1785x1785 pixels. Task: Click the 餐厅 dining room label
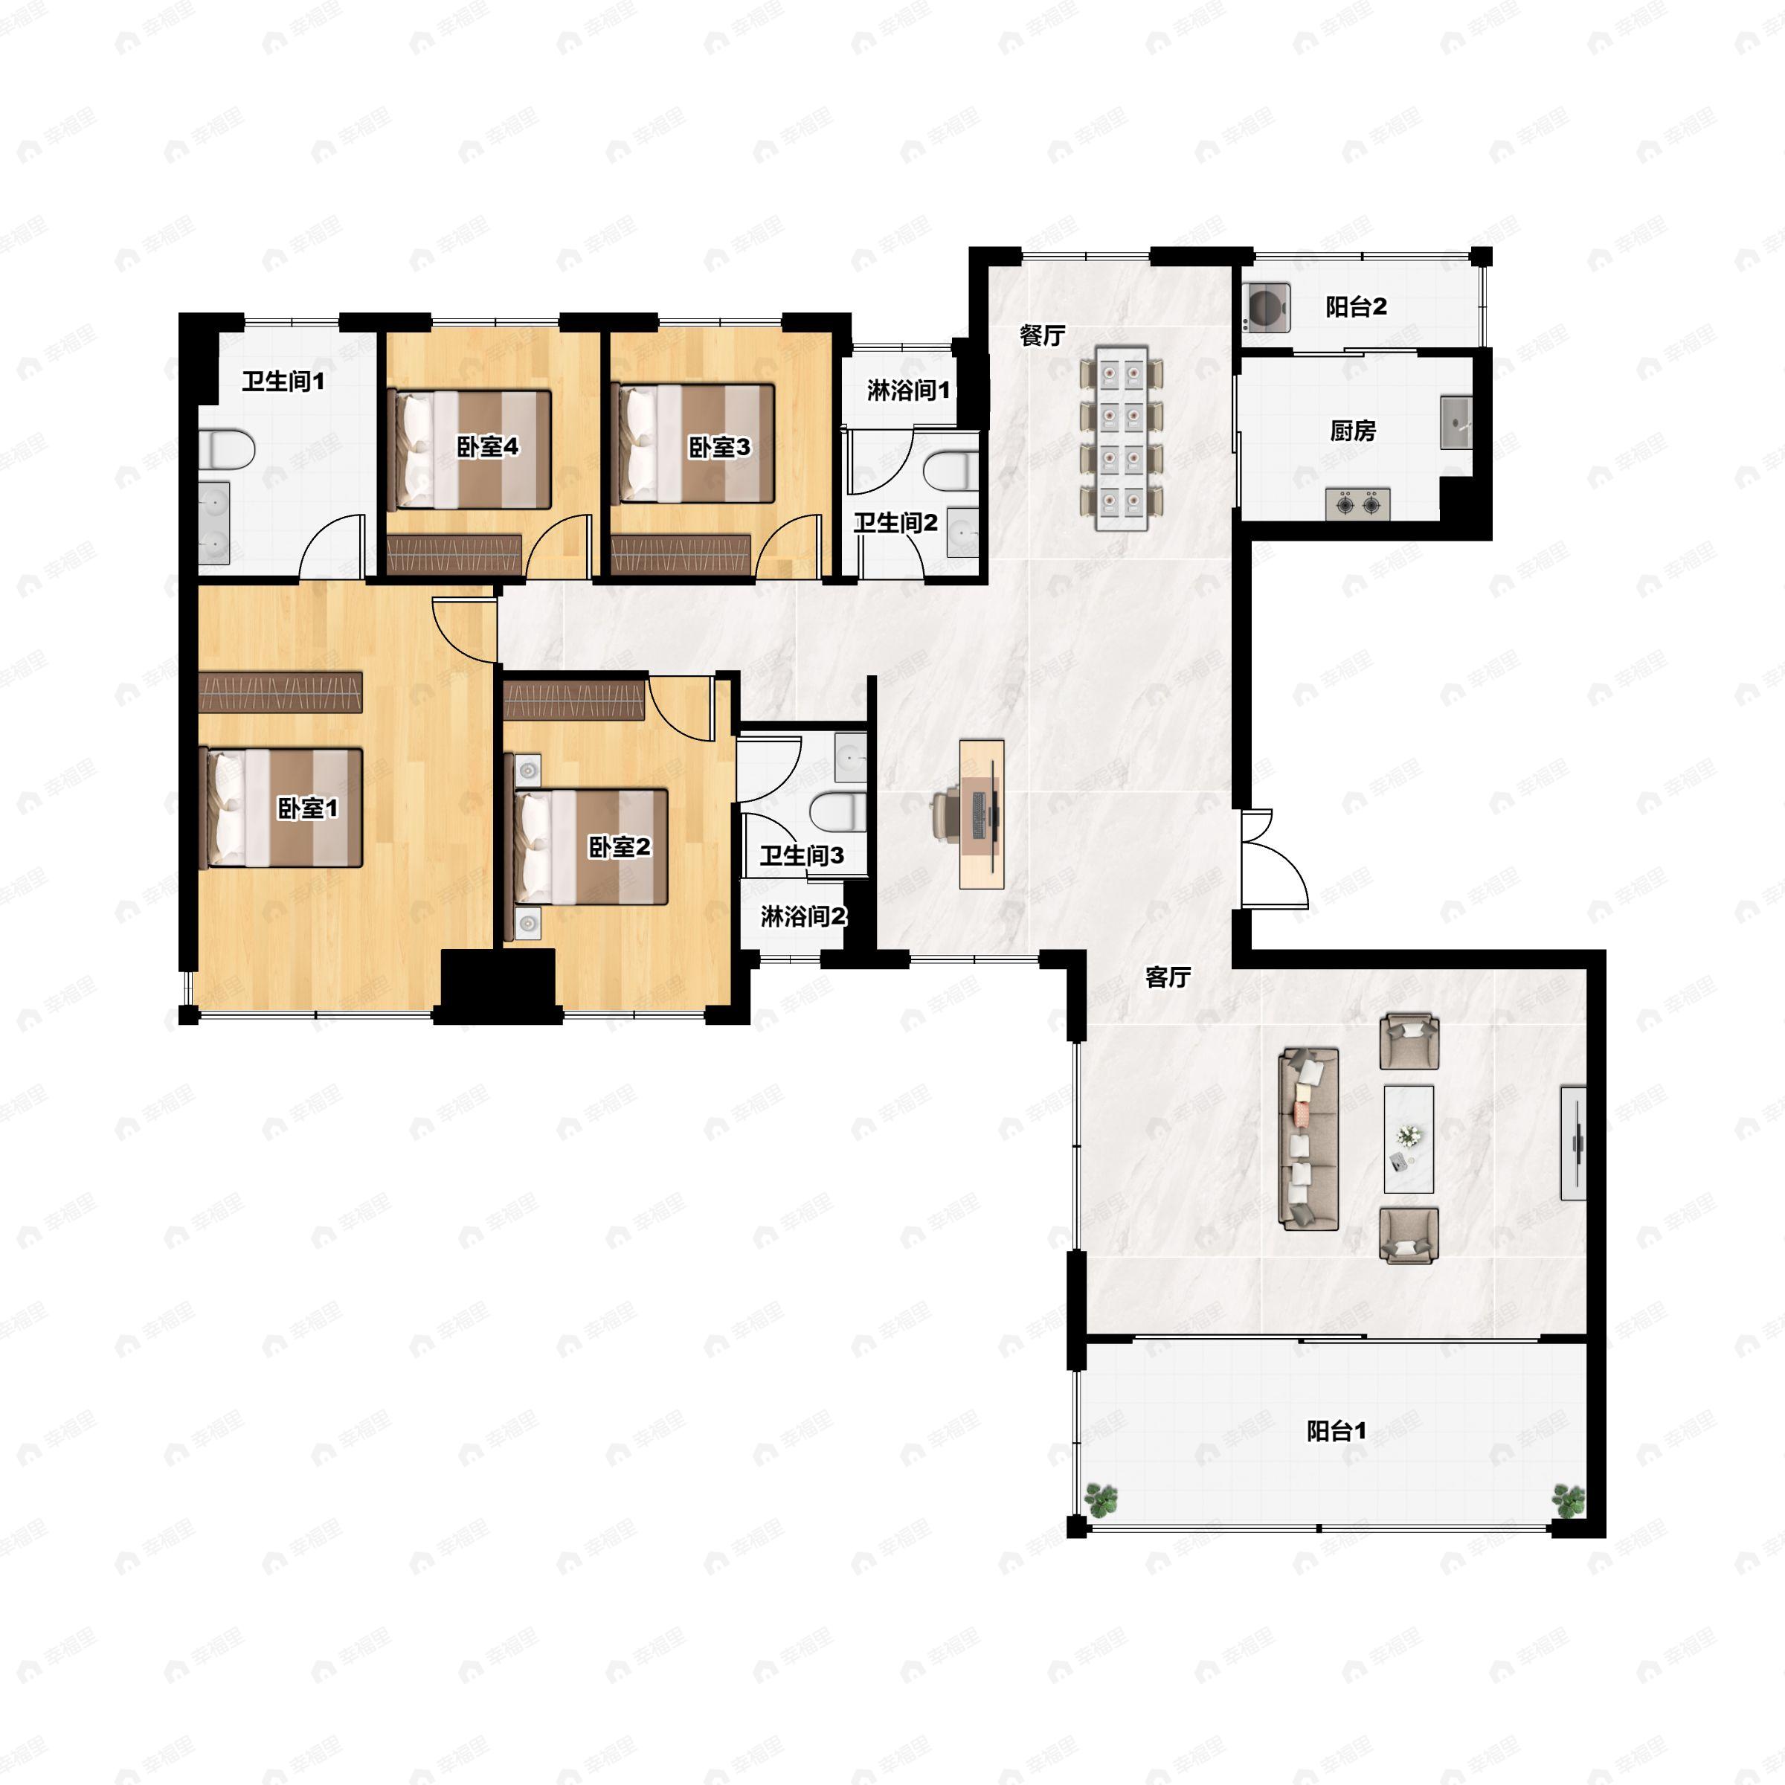coord(1042,335)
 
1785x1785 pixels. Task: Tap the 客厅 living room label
coord(1168,977)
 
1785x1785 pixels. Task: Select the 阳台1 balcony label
coord(1336,1431)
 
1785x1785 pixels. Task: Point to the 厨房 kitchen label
coord(1353,431)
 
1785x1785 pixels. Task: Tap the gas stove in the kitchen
coord(1358,504)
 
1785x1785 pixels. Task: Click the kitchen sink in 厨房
coord(1456,423)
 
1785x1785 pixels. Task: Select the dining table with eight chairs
coord(1122,439)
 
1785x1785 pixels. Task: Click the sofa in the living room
coord(1308,1138)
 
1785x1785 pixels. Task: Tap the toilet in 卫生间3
coord(838,812)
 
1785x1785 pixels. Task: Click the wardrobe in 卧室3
coord(680,554)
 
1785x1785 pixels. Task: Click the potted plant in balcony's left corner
coord(1101,1499)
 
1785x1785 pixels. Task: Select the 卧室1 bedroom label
coord(308,808)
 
